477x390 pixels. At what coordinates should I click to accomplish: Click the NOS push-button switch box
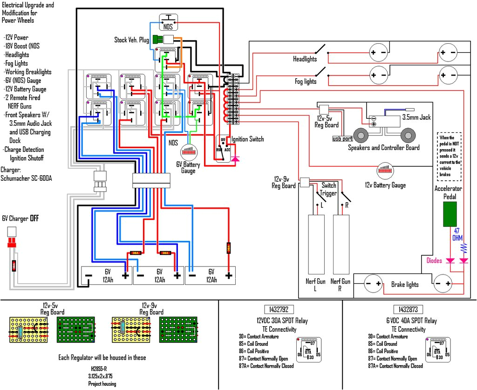(168, 22)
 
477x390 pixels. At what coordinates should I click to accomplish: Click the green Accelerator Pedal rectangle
(450, 214)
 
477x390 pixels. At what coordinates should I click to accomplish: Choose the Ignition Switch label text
(247, 139)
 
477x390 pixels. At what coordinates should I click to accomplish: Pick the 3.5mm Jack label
(416, 117)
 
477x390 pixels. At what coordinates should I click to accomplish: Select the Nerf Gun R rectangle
(341, 244)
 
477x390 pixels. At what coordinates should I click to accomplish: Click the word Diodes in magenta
(434, 261)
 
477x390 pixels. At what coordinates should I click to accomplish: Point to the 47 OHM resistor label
(457, 235)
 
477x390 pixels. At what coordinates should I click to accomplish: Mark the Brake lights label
(404, 285)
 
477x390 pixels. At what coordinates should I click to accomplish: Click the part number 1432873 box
(408, 309)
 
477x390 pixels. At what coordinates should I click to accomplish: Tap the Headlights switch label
(305, 59)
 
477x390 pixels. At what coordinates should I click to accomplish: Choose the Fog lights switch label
(306, 82)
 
